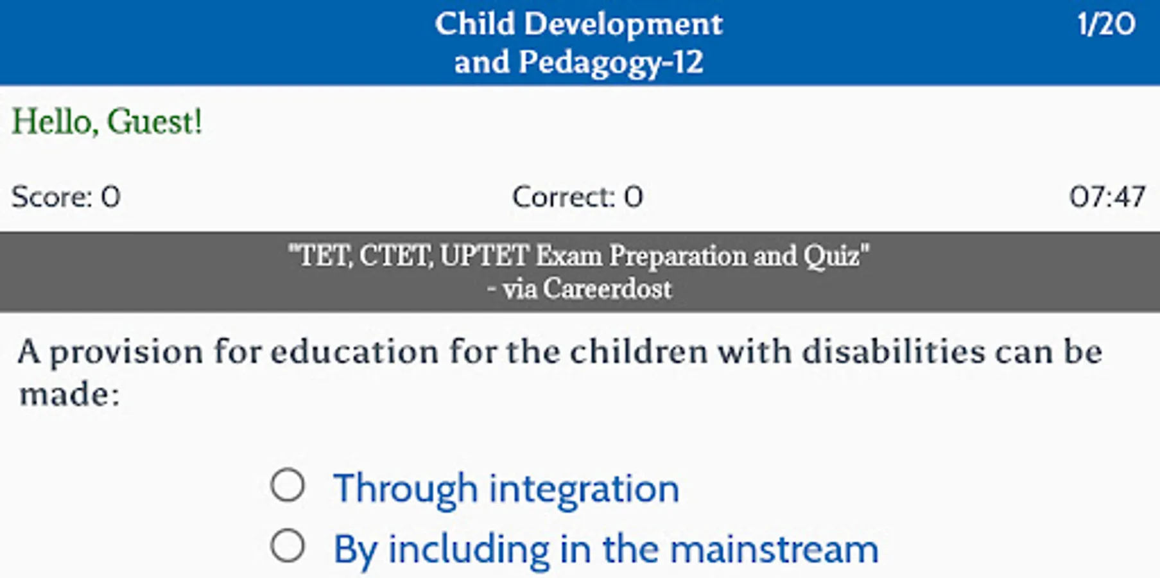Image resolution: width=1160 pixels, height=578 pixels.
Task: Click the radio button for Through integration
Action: [287, 485]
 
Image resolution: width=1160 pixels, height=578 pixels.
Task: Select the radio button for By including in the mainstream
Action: [287, 546]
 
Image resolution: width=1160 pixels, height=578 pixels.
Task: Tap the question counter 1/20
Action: [1106, 24]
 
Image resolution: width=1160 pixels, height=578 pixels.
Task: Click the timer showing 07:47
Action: [1107, 197]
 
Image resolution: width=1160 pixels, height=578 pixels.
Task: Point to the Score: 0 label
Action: [66, 197]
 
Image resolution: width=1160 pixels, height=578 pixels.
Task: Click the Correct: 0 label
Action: [578, 197]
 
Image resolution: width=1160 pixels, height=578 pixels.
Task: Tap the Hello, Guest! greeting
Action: [107, 121]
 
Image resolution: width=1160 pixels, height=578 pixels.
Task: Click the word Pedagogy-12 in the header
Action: [610, 63]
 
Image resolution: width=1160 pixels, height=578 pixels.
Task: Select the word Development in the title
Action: [623, 25]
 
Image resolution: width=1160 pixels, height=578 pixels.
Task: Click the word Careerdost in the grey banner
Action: [607, 289]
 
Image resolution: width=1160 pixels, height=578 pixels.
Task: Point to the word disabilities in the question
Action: [893, 352]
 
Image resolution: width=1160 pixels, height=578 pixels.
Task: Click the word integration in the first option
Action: [584, 489]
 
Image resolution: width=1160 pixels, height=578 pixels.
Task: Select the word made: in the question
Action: [69, 394]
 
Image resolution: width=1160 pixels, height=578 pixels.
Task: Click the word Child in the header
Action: [475, 25]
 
